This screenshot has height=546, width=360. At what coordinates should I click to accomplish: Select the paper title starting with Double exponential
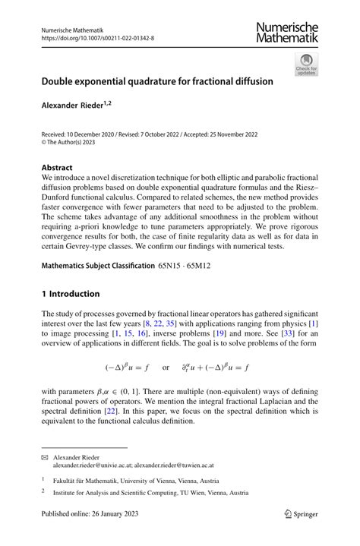point(157,80)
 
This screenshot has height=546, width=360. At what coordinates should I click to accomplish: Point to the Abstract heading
point(57,168)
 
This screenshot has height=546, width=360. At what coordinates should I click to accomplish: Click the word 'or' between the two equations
point(166,368)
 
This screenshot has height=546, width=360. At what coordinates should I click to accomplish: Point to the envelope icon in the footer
point(45,459)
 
